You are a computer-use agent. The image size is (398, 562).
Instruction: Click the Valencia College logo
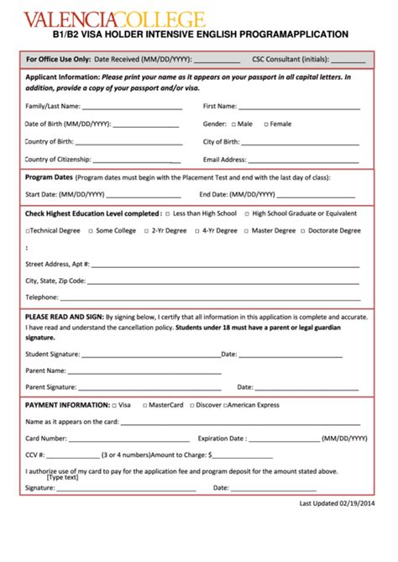(114, 18)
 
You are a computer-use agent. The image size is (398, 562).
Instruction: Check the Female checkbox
(266, 124)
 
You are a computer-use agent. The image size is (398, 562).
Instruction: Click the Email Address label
(224, 159)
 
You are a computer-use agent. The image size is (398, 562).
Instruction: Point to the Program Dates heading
(49, 178)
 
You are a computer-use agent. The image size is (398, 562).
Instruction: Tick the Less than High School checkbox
(168, 213)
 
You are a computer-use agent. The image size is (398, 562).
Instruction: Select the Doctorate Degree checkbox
(303, 230)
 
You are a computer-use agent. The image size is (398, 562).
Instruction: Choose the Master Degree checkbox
(247, 230)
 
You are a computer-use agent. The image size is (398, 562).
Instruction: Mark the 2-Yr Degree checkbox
(146, 230)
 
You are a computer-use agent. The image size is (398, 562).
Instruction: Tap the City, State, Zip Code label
(55, 281)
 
